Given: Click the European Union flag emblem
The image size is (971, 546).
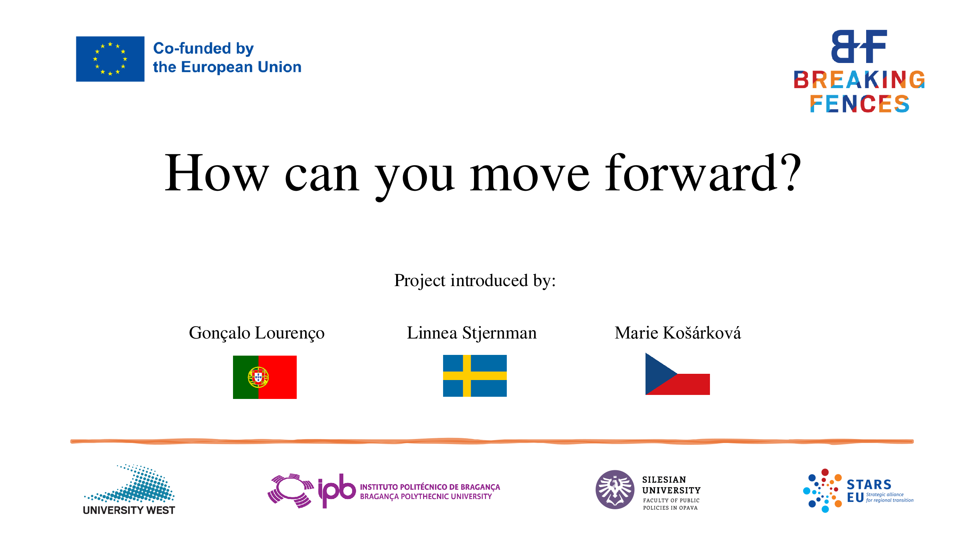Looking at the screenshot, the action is pos(110,59).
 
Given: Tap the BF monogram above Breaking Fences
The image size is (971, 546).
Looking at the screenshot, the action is pos(859,46).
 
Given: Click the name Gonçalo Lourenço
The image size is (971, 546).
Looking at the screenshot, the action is pos(256,333).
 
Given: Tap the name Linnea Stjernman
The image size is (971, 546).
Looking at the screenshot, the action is pos(471,333).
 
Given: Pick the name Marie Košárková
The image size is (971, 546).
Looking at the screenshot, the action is pos(677,333).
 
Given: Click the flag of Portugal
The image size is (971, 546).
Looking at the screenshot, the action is pos(265,377).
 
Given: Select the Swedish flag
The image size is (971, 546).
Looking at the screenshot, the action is pos(474,376).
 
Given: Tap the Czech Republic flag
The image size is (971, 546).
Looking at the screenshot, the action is pos(677,374).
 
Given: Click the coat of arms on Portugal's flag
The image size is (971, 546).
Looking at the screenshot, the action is pos(258,377).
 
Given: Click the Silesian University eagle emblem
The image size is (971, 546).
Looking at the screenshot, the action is pos(615,490).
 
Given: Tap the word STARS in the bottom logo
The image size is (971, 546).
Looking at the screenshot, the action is pos(869,484).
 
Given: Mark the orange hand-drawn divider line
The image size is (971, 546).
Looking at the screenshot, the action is pos(492,441).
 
